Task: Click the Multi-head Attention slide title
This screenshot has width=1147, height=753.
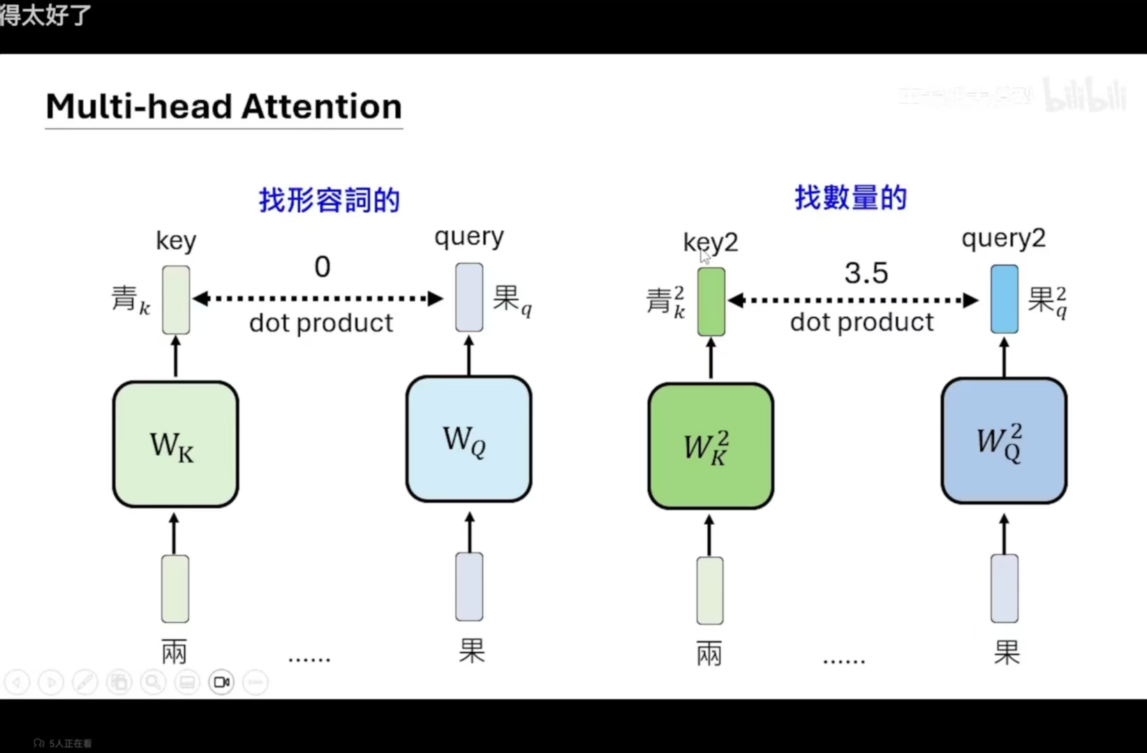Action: pos(223,107)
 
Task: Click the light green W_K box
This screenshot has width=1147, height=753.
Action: pos(175,444)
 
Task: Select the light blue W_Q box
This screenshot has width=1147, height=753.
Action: pos(468,439)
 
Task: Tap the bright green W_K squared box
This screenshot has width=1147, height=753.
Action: pos(710,446)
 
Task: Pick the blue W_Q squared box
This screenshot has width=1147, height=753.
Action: pos(1003,441)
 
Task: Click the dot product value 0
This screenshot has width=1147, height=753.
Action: pos(322,267)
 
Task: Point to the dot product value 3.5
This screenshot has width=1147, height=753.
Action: pos(866,273)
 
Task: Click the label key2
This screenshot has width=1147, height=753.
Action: pos(710,242)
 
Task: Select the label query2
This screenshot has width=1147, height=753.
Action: pos(1003,239)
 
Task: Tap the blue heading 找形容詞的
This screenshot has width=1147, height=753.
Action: pos(330,200)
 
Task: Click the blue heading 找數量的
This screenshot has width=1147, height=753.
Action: pos(850,198)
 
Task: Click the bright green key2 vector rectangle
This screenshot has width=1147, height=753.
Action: pos(711,302)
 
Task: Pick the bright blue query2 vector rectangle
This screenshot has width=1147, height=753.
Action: pos(1004,299)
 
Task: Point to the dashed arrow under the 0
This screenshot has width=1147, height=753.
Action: pos(318,299)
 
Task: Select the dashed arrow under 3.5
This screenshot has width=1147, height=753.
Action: pos(852,301)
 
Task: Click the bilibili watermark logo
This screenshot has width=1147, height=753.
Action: pos(1085,95)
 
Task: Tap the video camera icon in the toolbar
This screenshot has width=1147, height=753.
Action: pos(221,682)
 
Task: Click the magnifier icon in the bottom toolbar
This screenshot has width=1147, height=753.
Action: pos(153,682)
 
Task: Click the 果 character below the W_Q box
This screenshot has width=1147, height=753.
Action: pos(471,650)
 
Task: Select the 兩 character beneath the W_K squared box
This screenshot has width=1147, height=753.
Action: pos(709,654)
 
